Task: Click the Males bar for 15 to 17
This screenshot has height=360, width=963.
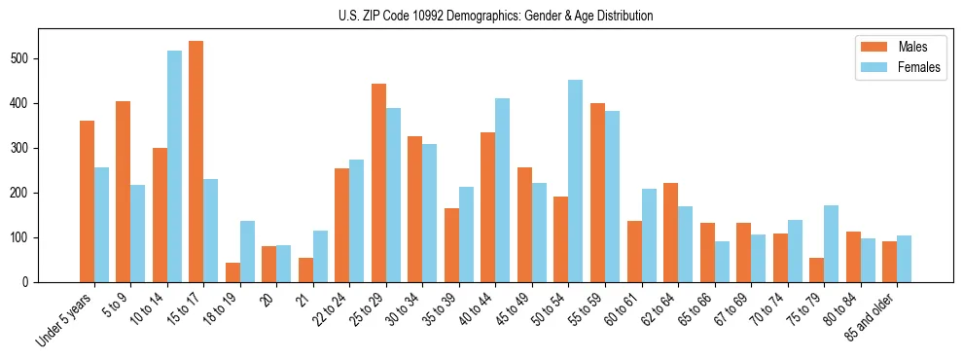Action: coord(196,162)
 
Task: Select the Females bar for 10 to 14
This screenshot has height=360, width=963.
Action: coord(174,166)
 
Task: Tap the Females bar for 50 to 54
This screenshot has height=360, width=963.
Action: coord(576,181)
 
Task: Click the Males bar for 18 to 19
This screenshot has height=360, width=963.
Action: coord(232,272)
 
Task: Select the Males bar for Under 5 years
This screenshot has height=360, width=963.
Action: coord(87,201)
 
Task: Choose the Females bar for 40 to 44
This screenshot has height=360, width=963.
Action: coord(503,191)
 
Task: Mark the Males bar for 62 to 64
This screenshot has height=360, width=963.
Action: coord(671,233)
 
